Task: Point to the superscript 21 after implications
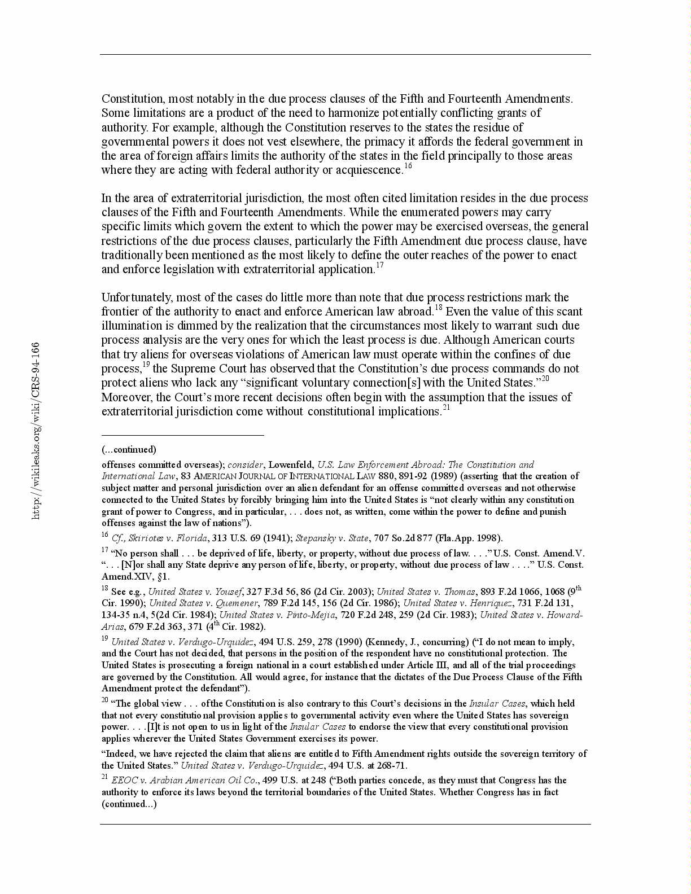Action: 445,407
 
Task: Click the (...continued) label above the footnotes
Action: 129,449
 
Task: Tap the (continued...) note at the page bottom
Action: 129,804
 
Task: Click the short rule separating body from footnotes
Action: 182,435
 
